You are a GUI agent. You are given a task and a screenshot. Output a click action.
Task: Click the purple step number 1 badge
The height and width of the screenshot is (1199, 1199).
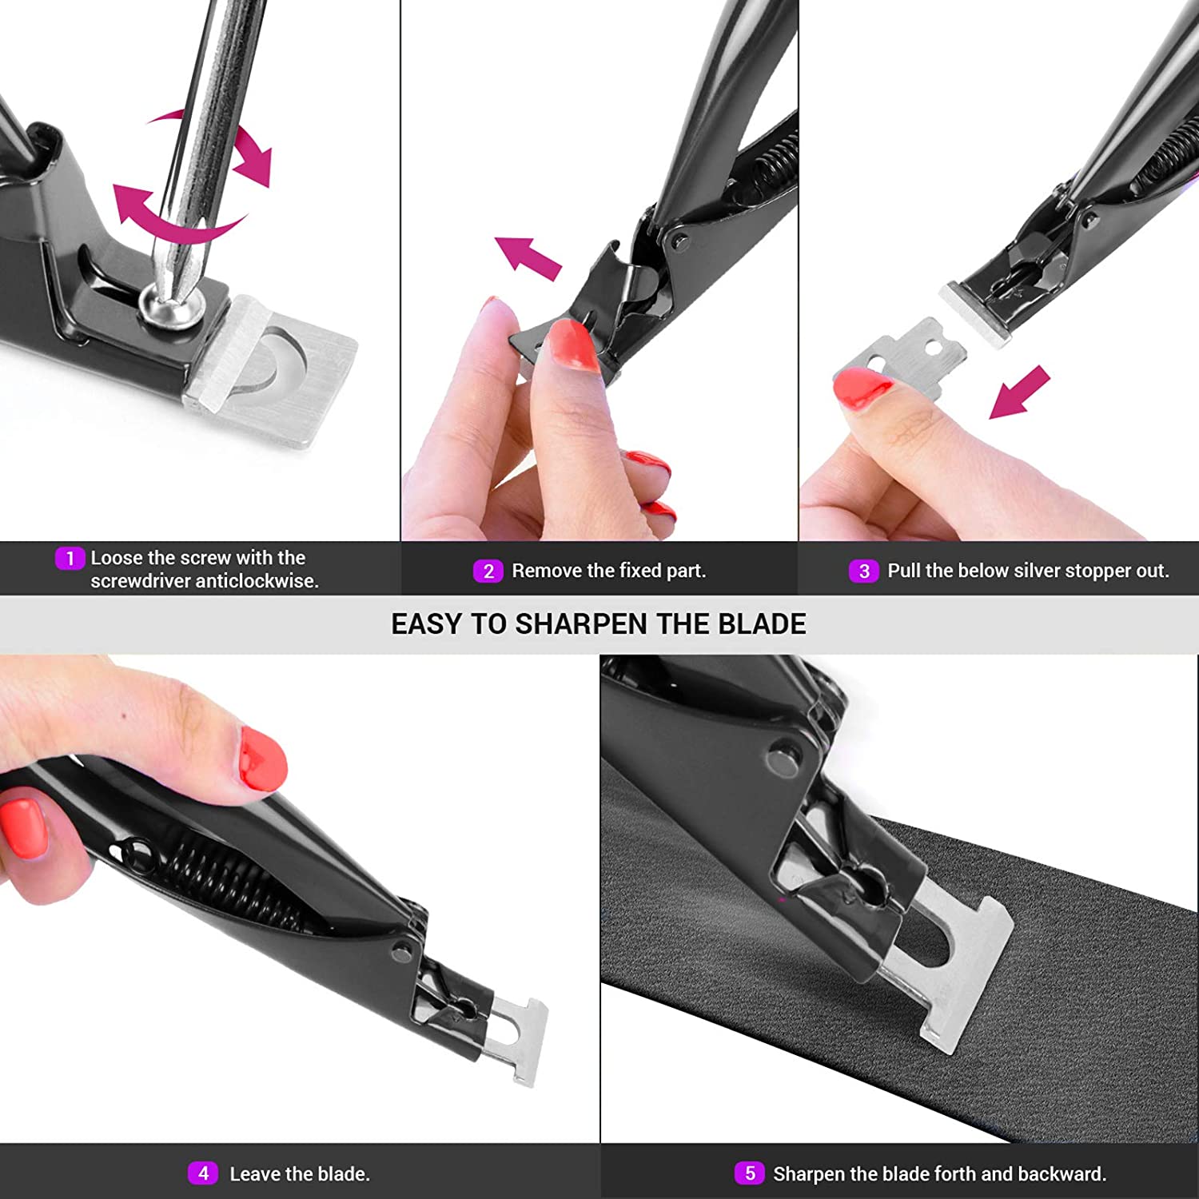coord(70,558)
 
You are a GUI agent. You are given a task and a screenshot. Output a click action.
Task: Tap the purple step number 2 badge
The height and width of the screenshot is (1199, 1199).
coord(488,571)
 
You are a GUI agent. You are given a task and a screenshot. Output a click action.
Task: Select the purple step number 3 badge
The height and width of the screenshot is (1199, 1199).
coord(863,571)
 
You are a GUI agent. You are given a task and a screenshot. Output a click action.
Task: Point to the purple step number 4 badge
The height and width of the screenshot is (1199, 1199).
coord(203,1173)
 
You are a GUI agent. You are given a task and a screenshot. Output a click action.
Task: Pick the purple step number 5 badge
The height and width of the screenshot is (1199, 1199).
coord(749,1173)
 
